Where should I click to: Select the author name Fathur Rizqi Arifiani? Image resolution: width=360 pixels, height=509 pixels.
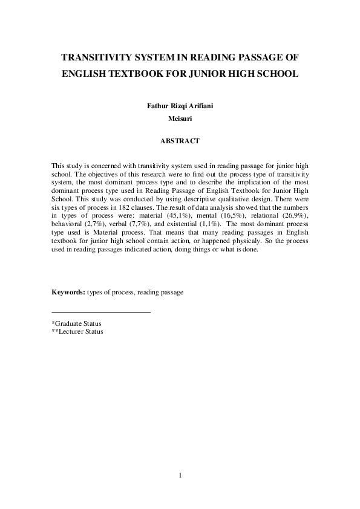point(180,106)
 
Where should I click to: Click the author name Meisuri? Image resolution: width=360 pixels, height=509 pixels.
point(180,118)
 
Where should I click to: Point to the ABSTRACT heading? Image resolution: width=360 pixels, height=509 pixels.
point(180,141)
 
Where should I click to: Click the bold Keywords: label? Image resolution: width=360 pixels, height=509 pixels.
point(68,293)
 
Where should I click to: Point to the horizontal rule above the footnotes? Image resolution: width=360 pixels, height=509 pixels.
point(101,312)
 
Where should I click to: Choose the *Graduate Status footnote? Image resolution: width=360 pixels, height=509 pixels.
point(77,323)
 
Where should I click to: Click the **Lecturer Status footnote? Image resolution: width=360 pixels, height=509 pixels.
point(77,331)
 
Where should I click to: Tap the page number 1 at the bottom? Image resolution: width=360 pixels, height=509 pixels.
point(180,475)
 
